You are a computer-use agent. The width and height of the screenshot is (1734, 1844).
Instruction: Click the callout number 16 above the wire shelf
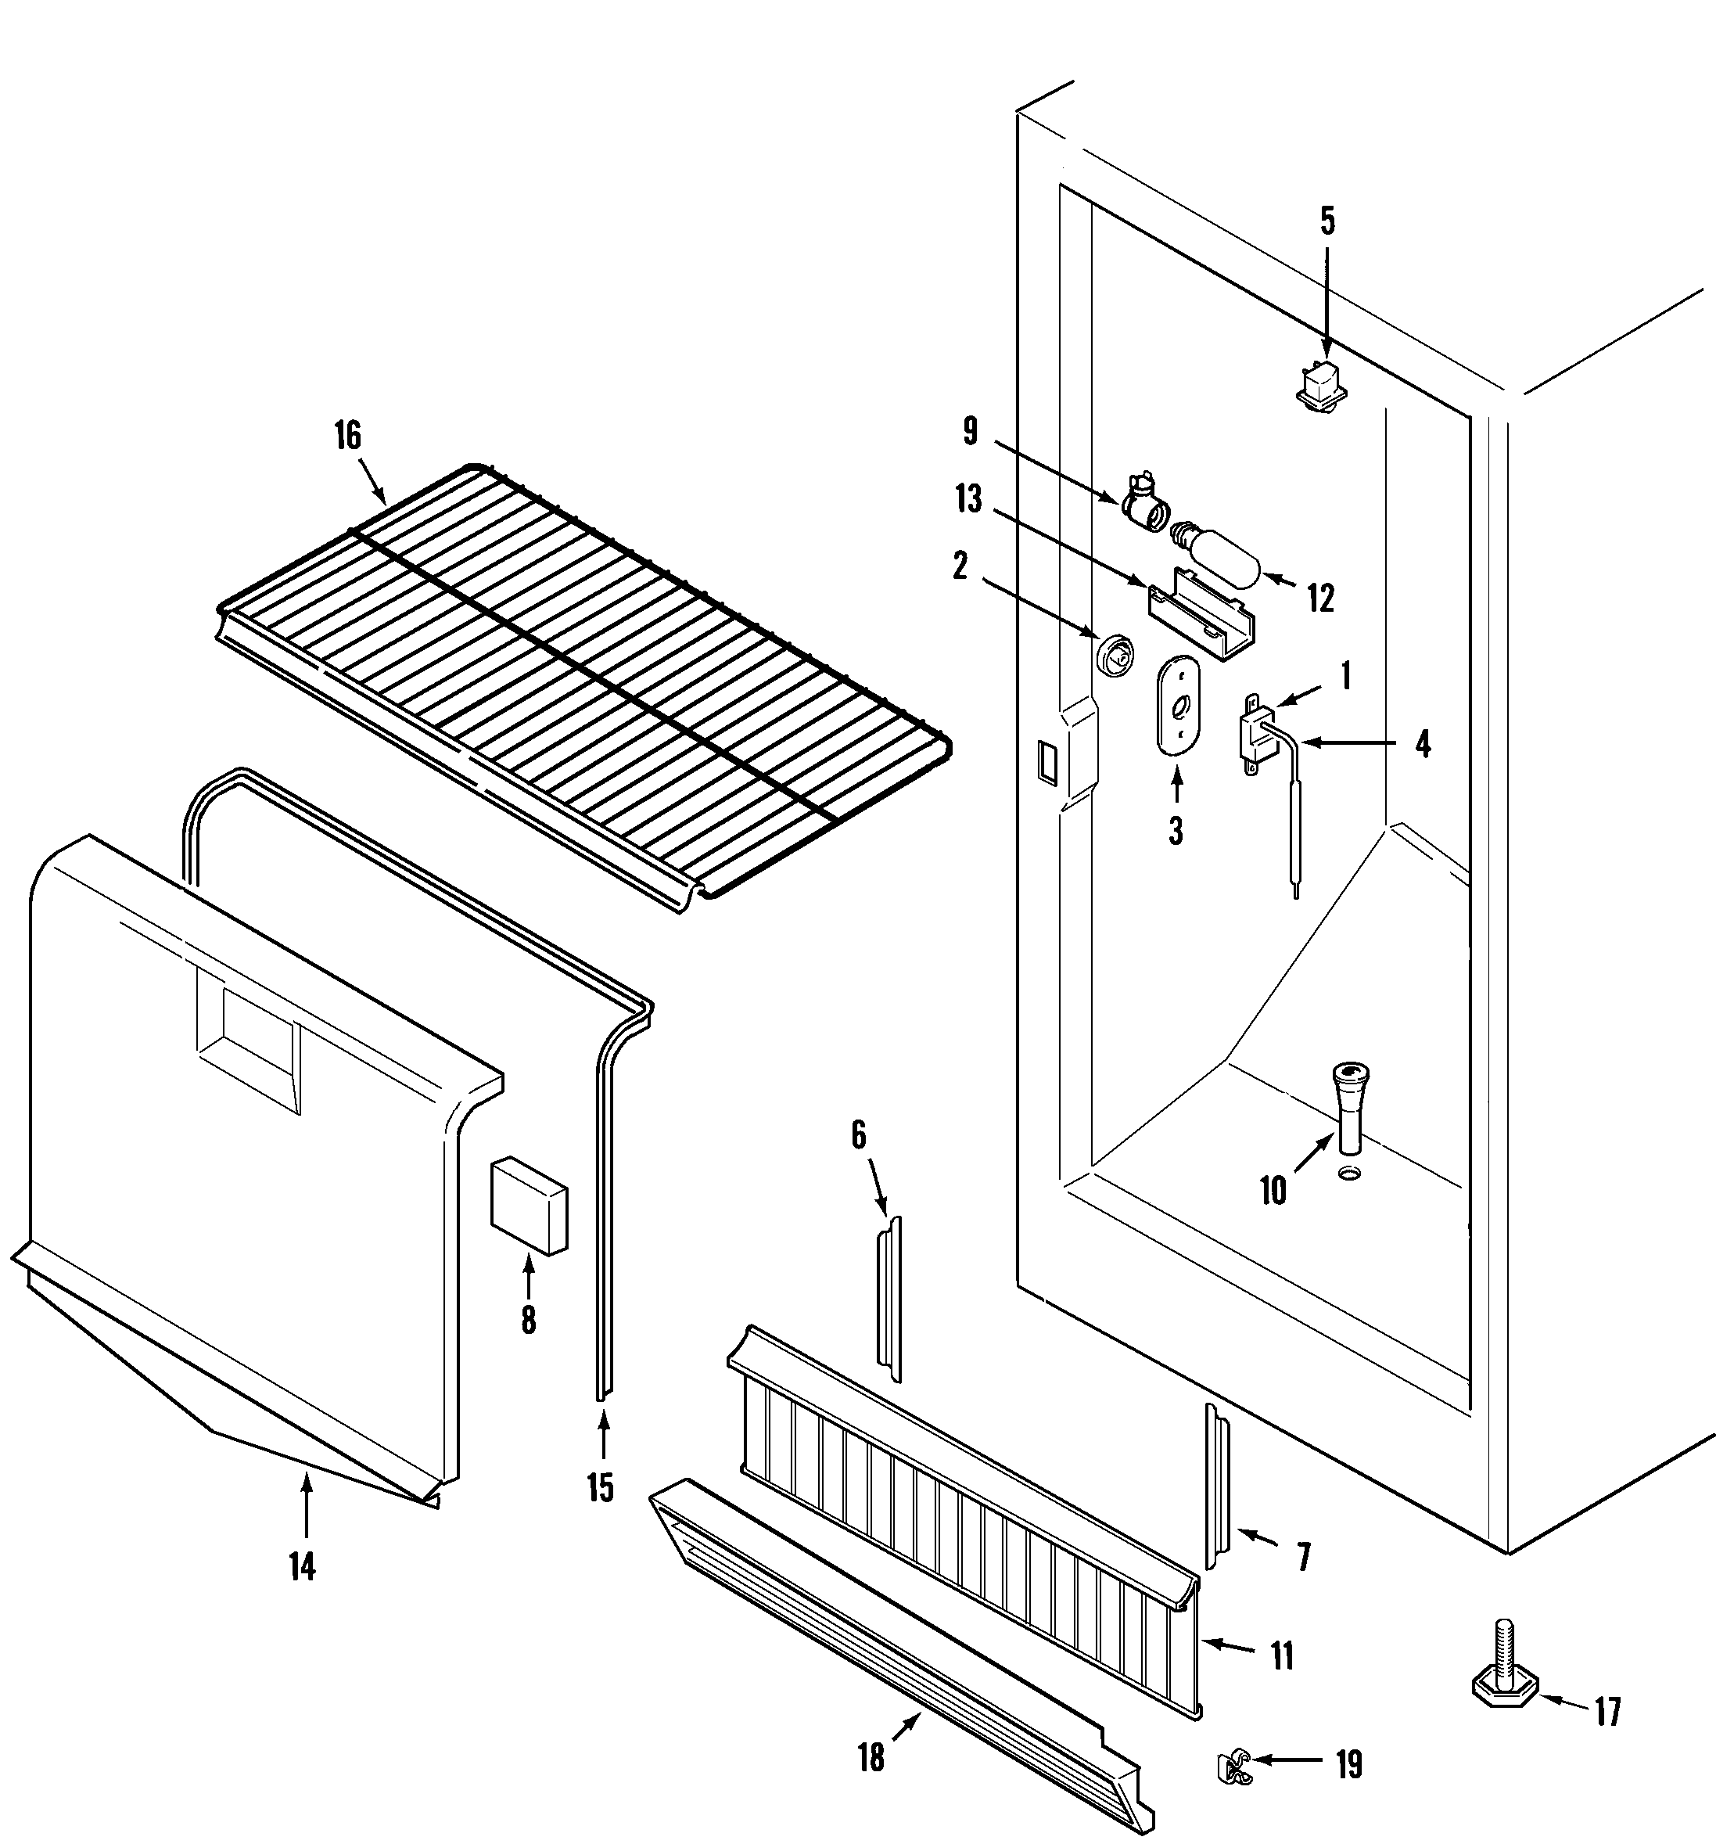(348, 435)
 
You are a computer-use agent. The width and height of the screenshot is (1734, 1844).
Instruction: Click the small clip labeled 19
(1233, 1768)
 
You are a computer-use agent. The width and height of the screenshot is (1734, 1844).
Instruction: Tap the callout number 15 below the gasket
(600, 1487)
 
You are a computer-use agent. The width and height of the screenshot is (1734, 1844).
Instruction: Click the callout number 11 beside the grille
(1281, 1655)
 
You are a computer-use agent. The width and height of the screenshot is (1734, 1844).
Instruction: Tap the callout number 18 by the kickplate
(871, 1756)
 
